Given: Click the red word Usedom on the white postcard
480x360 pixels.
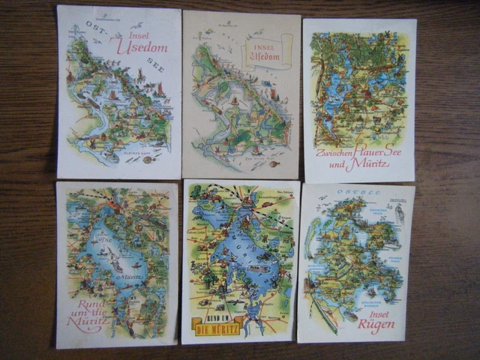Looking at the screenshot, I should click(142, 45).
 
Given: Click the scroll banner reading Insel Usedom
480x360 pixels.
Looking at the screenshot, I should click(265, 55).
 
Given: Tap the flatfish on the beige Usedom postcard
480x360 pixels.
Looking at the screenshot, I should click(273, 163).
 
